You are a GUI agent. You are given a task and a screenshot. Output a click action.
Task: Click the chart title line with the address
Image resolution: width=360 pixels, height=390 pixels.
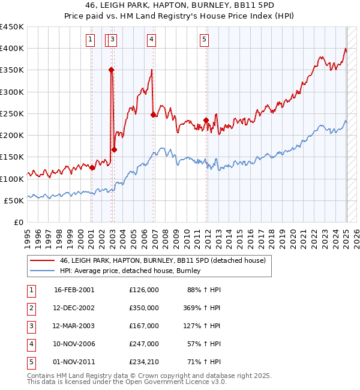click(179, 6)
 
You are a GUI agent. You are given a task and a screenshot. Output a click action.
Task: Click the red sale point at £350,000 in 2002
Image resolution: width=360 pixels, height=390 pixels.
click(112, 70)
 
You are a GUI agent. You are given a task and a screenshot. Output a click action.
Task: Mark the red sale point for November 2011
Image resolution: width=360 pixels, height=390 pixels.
click(206, 120)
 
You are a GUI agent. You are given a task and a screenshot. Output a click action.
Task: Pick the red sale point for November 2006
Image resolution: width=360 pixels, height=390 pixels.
click(153, 114)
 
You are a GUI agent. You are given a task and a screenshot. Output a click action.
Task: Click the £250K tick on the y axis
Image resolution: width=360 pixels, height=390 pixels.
click(12, 113)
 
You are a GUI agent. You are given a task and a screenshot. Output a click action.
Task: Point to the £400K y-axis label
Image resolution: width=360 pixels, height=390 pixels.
click(12, 48)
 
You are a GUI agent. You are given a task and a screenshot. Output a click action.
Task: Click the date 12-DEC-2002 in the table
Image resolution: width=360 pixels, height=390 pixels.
click(74, 308)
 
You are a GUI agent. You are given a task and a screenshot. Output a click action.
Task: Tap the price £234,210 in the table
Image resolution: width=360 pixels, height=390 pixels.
click(143, 362)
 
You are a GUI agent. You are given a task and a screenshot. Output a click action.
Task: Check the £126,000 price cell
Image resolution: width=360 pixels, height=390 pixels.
click(143, 290)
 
